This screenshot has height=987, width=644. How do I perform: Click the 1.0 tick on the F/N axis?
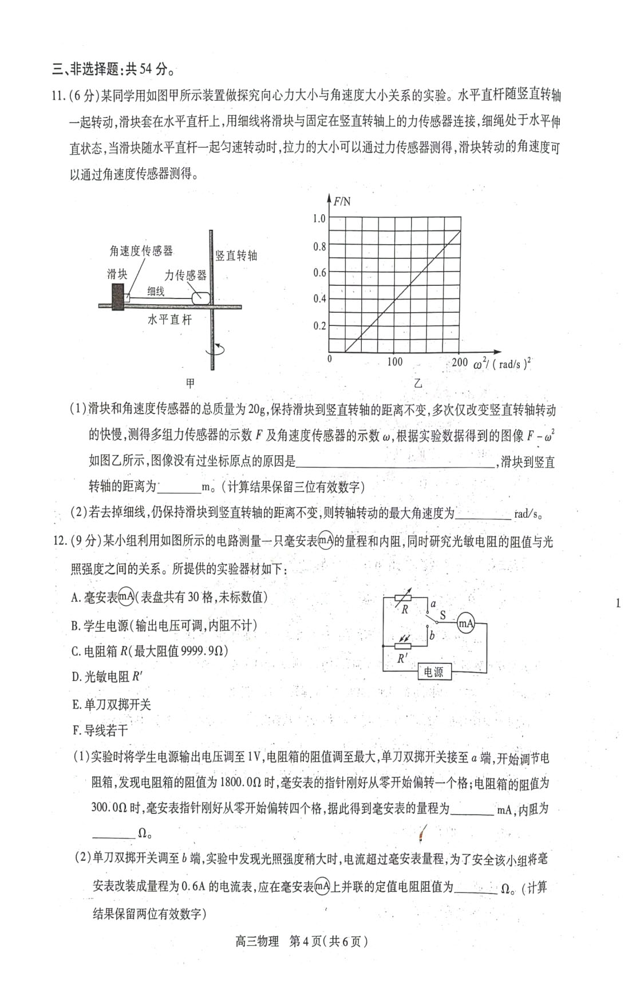point(319,218)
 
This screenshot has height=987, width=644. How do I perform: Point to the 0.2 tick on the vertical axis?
point(319,326)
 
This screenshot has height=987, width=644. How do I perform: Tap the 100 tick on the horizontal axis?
point(394,362)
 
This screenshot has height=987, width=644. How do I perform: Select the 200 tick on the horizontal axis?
point(459,362)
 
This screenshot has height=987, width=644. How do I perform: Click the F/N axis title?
point(342,201)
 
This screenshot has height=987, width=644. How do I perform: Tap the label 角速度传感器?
point(141,251)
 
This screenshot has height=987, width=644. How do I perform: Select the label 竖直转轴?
point(236,255)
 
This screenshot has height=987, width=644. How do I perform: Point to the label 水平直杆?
point(169,320)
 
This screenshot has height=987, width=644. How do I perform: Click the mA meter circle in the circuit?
point(466,623)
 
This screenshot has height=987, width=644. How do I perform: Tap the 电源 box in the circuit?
point(434,671)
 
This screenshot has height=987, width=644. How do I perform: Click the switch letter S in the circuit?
point(442,615)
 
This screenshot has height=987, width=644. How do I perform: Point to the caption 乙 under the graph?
point(418,383)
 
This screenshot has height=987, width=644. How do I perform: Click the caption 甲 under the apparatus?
point(190,383)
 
